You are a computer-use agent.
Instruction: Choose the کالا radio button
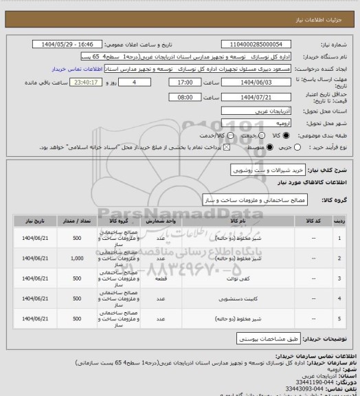click(x=286, y=135)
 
